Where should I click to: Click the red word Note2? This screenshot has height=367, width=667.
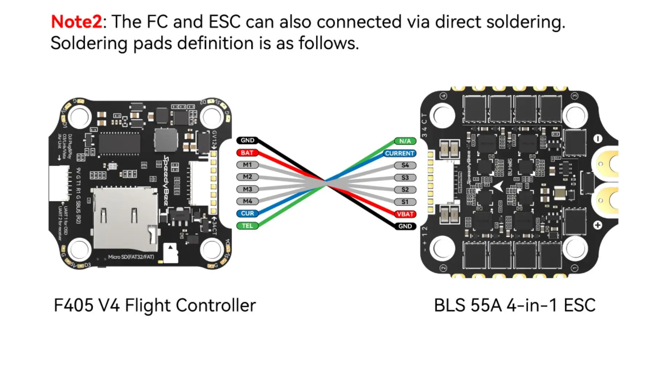pyautogui.click(x=76, y=22)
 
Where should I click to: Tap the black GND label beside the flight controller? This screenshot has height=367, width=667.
pyautogui.click(x=247, y=140)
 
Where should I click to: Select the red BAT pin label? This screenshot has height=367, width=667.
pyautogui.click(x=247, y=153)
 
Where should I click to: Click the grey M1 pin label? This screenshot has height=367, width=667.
pyautogui.click(x=247, y=165)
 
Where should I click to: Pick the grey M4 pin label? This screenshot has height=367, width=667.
pyautogui.click(x=247, y=201)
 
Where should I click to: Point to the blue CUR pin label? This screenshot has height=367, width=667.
pyautogui.click(x=247, y=213)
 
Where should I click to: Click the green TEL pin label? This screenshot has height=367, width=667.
pyautogui.click(x=247, y=226)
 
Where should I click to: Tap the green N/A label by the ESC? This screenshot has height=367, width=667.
pyautogui.click(x=405, y=141)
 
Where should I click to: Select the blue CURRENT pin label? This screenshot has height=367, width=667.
pyautogui.click(x=400, y=154)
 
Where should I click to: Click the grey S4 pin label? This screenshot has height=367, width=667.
pyautogui.click(x=405, y=165)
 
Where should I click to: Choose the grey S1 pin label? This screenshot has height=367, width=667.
pyautogui.click(x=405, y=202)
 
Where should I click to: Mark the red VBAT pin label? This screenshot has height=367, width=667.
pyautogui.click(x=405, y=214)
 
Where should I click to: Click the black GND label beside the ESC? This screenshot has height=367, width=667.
pyautogui.click(x=405, y=226)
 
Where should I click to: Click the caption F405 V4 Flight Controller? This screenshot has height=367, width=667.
pyautogui.click(x=155, y=305)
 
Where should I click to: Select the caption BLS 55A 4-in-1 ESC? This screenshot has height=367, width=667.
pyautogui.click(x=514, y=305)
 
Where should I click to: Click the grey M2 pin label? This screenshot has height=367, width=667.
pyautogui.click(x=247, y=177)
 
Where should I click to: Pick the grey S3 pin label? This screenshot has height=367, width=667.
pyautogui.click(x=405, y=178)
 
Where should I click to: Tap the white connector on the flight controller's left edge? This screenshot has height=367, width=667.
pyautogui.click(x=59, y=183)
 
